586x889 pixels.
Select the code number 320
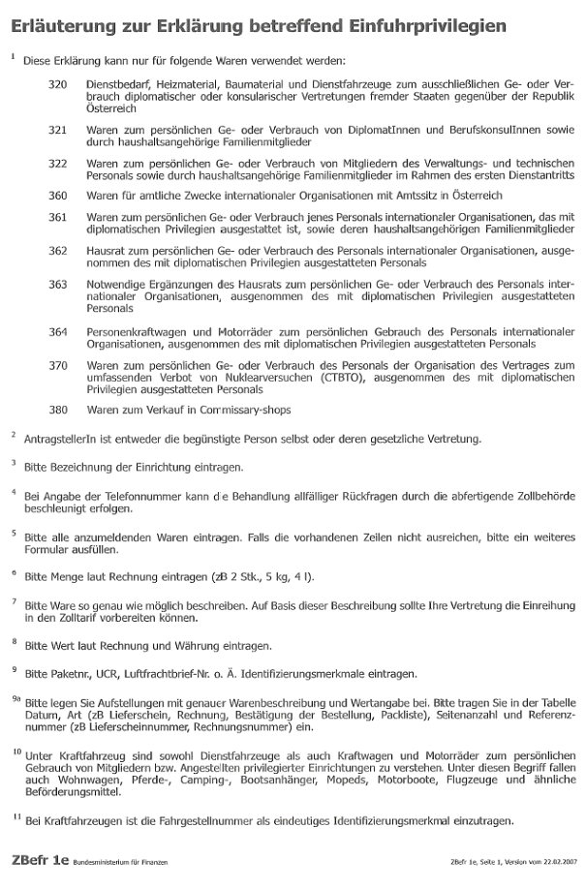click(x=58, y=85)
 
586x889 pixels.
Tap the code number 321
click(x=58, y=130)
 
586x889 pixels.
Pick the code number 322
click(x=58, y=163)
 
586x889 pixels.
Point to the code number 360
click(x=58, y=196)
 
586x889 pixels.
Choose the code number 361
click(x=58, y=217)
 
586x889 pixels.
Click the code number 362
click(x=58, y=251)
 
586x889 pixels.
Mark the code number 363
click(x=58, y=285)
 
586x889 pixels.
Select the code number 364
click(x=58, y=331)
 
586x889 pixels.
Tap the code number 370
click(x=58, y=365)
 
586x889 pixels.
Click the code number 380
click(x=58, y=410)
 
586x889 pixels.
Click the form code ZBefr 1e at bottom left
click(x=40, y=859)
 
